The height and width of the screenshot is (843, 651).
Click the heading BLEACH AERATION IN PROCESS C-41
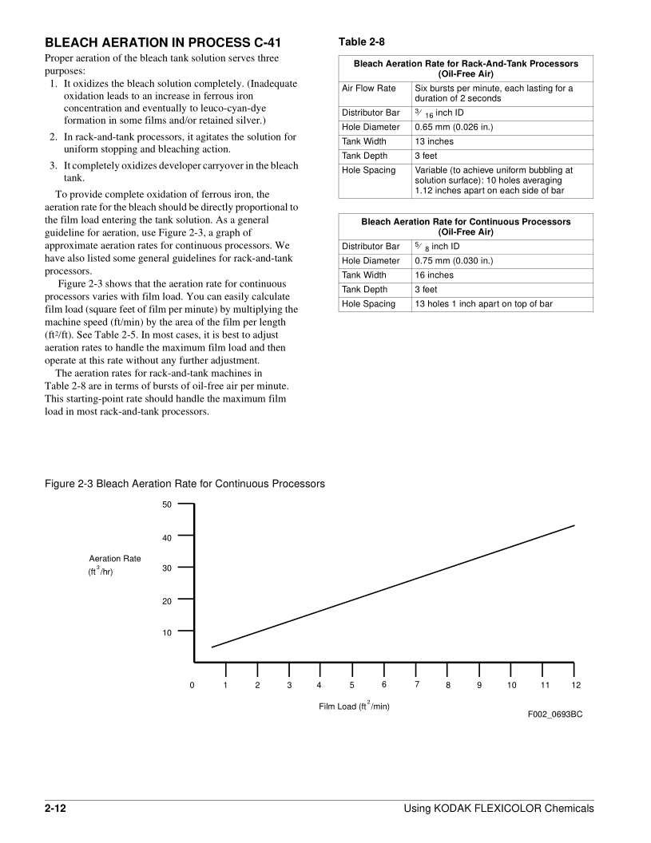162,42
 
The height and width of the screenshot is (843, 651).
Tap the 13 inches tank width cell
434,141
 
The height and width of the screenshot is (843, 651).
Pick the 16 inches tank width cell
434,275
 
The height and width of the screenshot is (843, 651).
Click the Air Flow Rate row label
369,89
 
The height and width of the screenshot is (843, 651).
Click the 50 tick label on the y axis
167,505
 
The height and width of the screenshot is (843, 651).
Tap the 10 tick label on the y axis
167,633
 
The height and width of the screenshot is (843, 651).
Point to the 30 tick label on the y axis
167,569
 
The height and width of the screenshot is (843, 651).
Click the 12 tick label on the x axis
576,686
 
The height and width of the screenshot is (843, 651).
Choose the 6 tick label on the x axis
384,685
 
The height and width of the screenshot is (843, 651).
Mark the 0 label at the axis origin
192,686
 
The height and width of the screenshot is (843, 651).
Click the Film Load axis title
354,706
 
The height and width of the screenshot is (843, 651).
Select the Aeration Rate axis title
115,559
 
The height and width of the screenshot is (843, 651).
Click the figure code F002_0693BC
554,714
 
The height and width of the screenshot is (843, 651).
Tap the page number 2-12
55,809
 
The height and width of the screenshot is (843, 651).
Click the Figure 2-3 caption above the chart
185,484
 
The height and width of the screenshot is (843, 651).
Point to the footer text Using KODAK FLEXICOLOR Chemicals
499,809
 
